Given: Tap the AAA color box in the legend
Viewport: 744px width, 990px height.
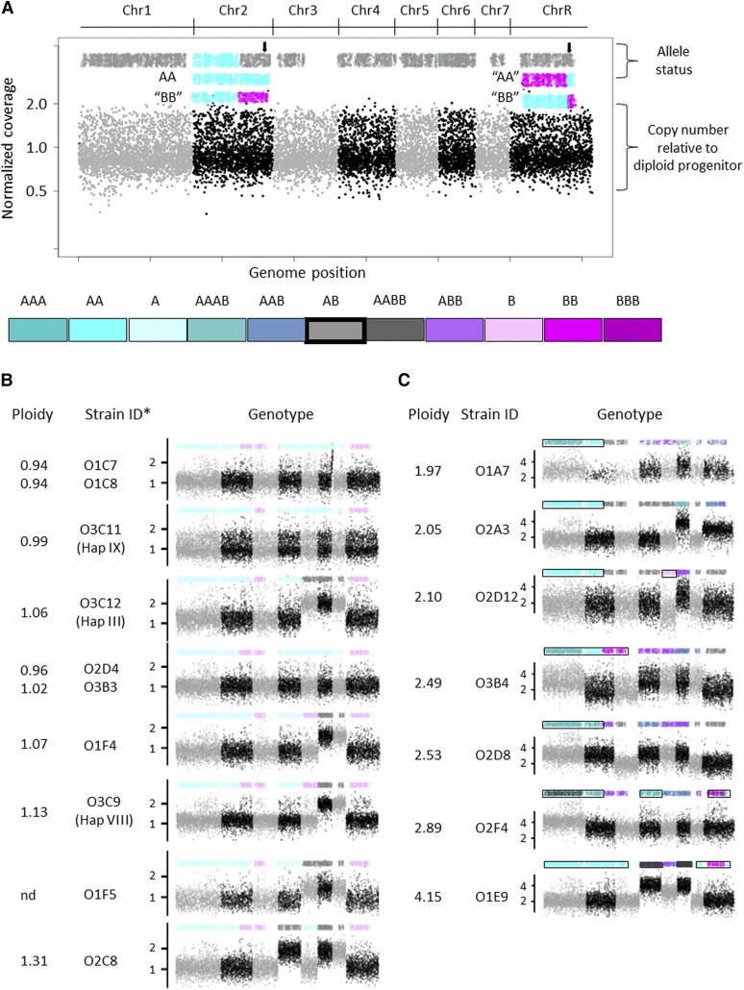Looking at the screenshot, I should pyautogui.click(x=37, y=330).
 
